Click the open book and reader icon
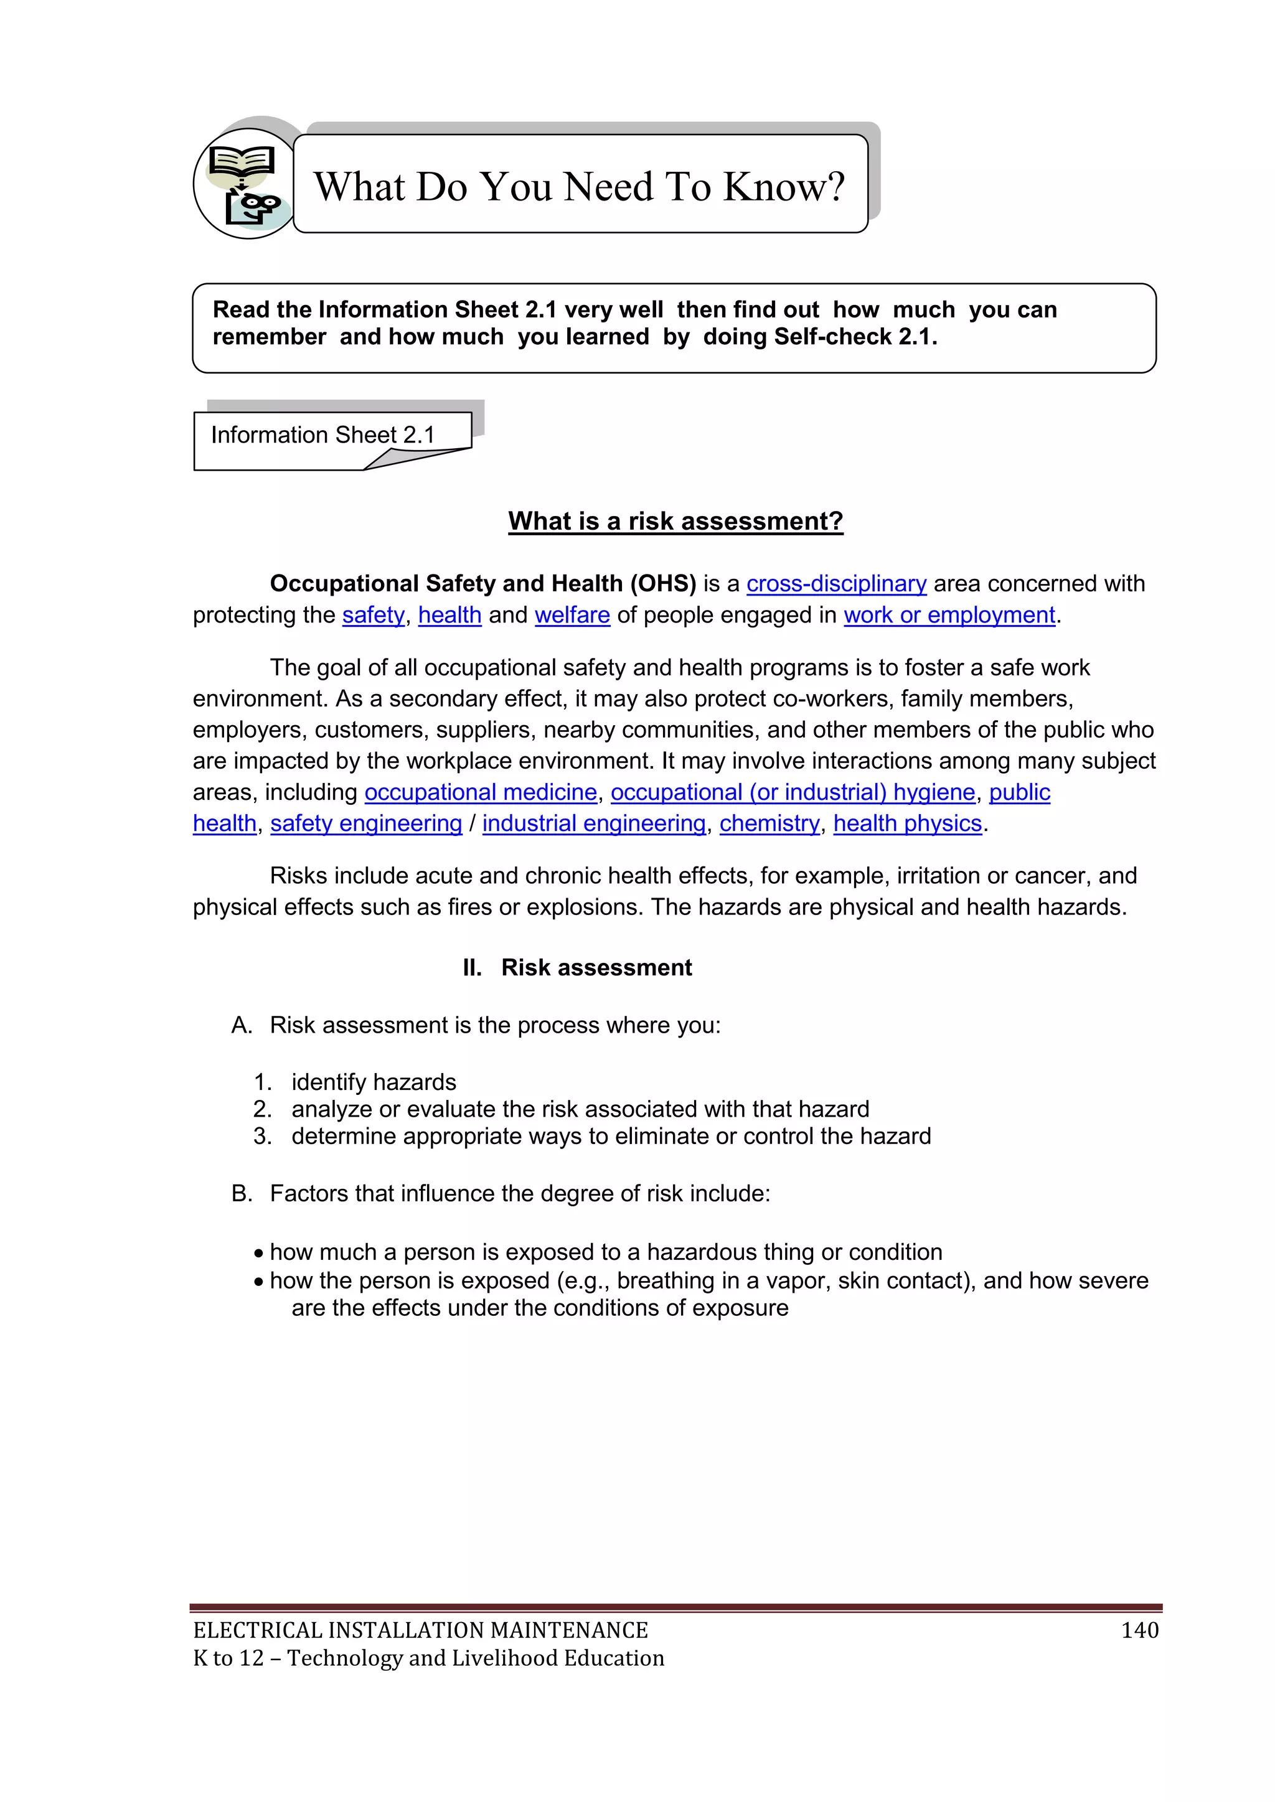[x=244, y=184]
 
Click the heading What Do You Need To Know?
[x=580, y=186]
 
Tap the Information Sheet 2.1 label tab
[x=322, y=435]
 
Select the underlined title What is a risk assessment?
[x=675, y=521]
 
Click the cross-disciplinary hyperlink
[x=836, y=584]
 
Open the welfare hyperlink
[x=572, y=616]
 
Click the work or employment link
[x=949, y=616]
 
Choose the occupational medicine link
[x=481, y=792]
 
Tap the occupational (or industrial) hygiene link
[x=793, y=792]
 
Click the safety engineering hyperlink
[x=366, y=824]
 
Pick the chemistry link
[x=769, y=824]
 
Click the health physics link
[x=908, y=824]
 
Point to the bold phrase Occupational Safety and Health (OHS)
[x=483, y=584]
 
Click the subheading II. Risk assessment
[x=578, y=968]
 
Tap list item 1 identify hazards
[x=374, y=1082]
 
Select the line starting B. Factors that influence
[x=501, y=1194]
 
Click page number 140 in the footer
[x=1139, y=1631]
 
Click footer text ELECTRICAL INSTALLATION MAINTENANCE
[x=421, y=1631]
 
